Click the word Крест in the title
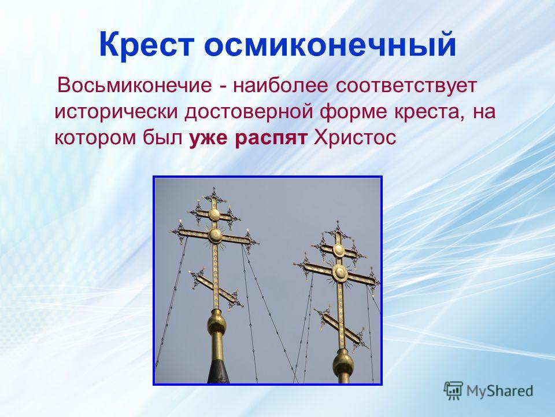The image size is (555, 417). click(146, 45)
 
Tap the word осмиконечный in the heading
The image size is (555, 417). click(330, 45)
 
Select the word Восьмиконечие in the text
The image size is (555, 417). click(135, 86)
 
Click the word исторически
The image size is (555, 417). click(117, 112)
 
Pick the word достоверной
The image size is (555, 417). click(249, 112)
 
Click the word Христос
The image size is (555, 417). click(354, 137)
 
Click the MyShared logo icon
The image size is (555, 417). click(453, 391)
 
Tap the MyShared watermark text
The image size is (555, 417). click(499, 391)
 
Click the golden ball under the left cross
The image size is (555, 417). click(216, 323)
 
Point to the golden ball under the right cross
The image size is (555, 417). click(343, 364)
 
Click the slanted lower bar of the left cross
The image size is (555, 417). click(216, 288)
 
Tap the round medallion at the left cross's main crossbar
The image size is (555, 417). click(215, 236)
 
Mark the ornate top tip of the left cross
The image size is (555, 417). click(214, 193)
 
